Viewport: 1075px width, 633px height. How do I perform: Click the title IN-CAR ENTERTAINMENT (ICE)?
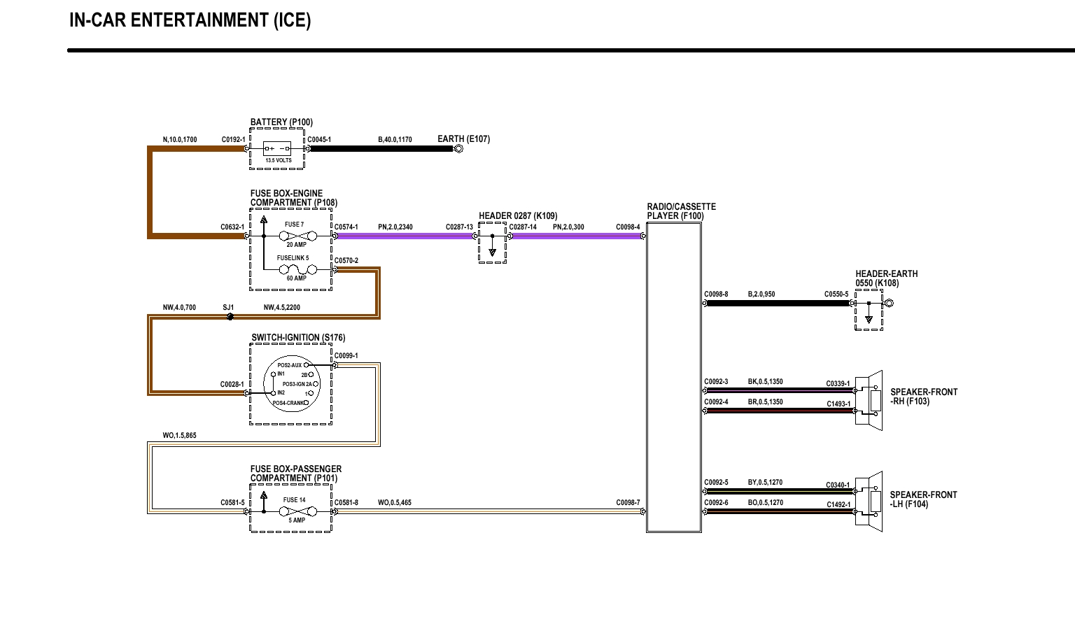190,20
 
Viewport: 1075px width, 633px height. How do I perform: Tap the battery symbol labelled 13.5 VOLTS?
277,149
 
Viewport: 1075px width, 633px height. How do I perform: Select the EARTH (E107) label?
463,139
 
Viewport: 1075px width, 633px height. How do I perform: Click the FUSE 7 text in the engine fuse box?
294,225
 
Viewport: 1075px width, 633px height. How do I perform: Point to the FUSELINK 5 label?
293,258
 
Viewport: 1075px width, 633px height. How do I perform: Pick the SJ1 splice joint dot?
230,317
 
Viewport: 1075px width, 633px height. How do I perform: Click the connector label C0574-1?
346,227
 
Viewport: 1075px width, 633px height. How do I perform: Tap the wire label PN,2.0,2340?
395,227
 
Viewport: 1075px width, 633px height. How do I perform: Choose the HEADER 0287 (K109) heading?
518,216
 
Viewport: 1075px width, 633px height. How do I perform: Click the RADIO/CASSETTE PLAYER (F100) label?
681,211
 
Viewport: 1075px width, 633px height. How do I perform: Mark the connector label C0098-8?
716,294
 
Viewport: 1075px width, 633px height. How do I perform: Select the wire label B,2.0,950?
761,294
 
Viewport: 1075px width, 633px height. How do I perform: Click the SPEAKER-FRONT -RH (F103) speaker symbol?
871,400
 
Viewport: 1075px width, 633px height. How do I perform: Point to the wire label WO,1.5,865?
179,436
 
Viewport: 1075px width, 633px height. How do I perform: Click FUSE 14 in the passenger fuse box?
294,500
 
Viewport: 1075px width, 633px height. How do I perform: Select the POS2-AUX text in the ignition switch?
289,365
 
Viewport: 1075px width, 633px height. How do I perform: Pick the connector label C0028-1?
232,385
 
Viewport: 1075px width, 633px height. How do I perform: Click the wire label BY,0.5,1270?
765,483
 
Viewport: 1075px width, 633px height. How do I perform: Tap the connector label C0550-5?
836,294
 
